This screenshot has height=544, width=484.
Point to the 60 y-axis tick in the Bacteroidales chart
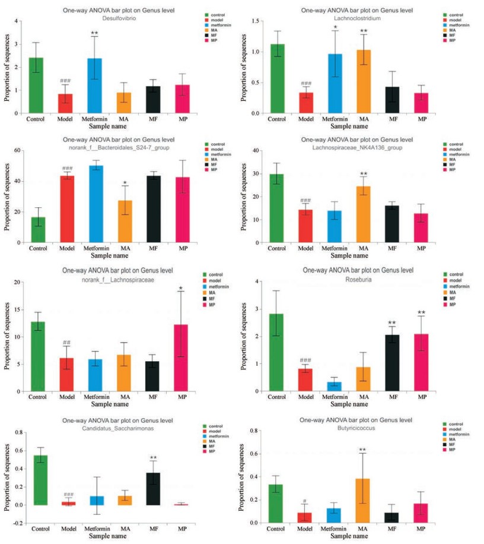[x=16, y=151]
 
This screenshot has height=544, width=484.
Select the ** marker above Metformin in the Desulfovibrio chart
[x=94, y=33]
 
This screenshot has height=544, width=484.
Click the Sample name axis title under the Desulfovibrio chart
[x=107, y=126]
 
